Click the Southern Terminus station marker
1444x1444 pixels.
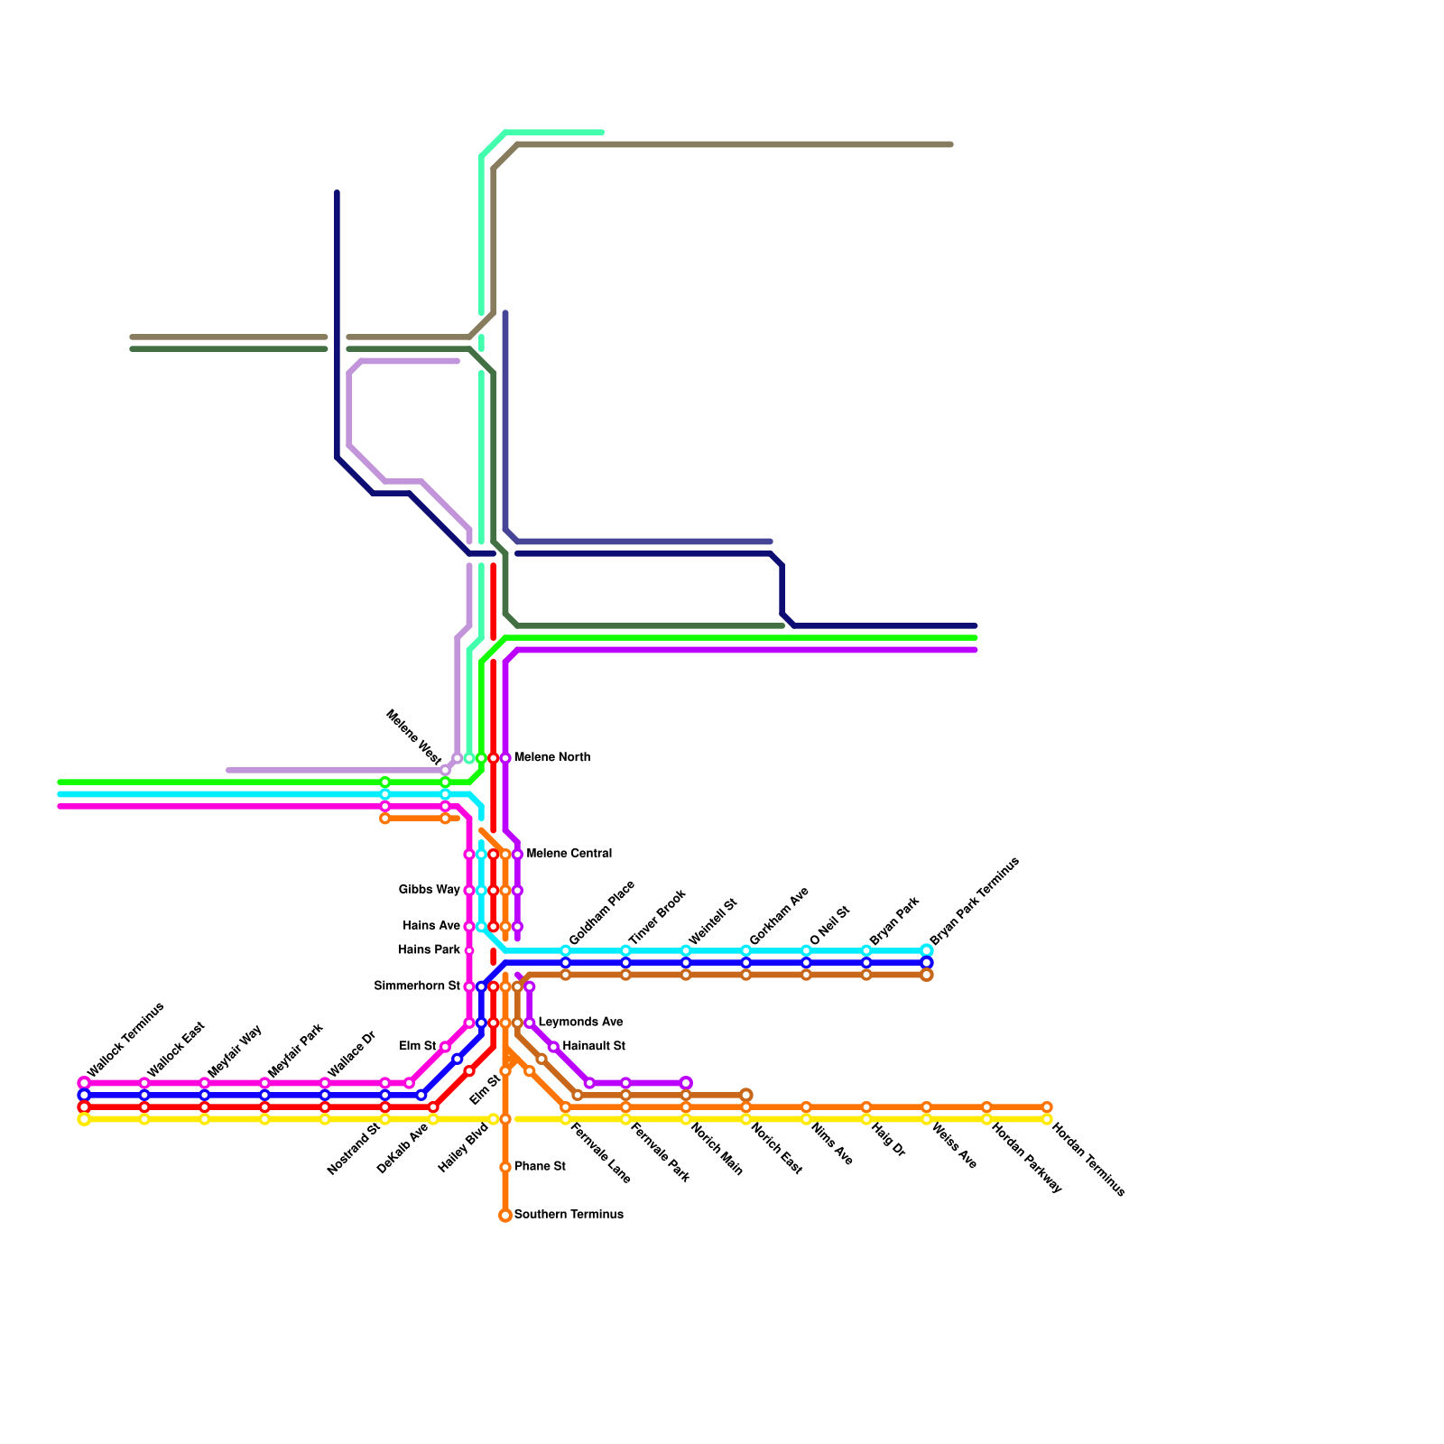505,1216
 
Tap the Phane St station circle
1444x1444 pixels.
505,1168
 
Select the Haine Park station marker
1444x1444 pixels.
469,950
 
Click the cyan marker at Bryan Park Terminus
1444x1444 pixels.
927,950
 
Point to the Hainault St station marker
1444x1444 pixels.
553,1047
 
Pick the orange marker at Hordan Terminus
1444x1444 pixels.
1047,1107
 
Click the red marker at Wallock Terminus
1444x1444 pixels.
84,1107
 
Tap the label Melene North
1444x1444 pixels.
552,757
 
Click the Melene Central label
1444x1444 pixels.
569,854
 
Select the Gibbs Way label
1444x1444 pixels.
430,890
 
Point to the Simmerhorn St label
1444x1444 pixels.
417,986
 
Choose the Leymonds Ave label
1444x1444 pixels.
580,1023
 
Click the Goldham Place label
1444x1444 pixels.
602,912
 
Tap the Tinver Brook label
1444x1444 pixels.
658,917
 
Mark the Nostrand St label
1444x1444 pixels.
354,1148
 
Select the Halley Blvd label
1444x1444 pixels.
463,1148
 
